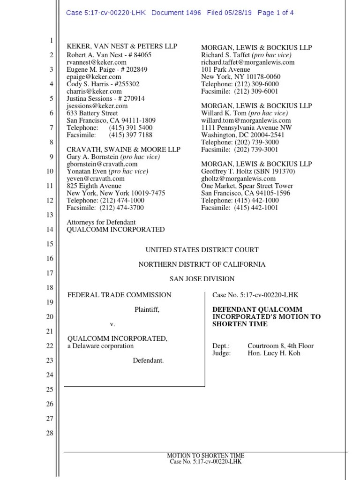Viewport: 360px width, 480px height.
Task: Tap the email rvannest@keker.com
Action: [97, 62]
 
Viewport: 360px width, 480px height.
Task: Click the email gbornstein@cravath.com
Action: [102, 164]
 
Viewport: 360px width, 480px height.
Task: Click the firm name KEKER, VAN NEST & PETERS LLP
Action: [122, 47]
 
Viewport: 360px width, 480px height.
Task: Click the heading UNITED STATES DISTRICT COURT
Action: [202, 250]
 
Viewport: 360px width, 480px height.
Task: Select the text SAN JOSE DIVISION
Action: [202, 279]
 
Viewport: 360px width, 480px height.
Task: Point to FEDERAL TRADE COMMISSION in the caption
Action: [119, 295]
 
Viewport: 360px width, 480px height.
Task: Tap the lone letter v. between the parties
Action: [112, 324]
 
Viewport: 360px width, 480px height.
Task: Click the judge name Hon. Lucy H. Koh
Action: [274, 353]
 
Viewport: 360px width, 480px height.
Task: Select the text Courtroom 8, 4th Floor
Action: [280, 346]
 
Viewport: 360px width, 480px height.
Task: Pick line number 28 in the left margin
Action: [49, 433]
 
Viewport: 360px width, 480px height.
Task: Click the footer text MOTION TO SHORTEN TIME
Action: [206, 456]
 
